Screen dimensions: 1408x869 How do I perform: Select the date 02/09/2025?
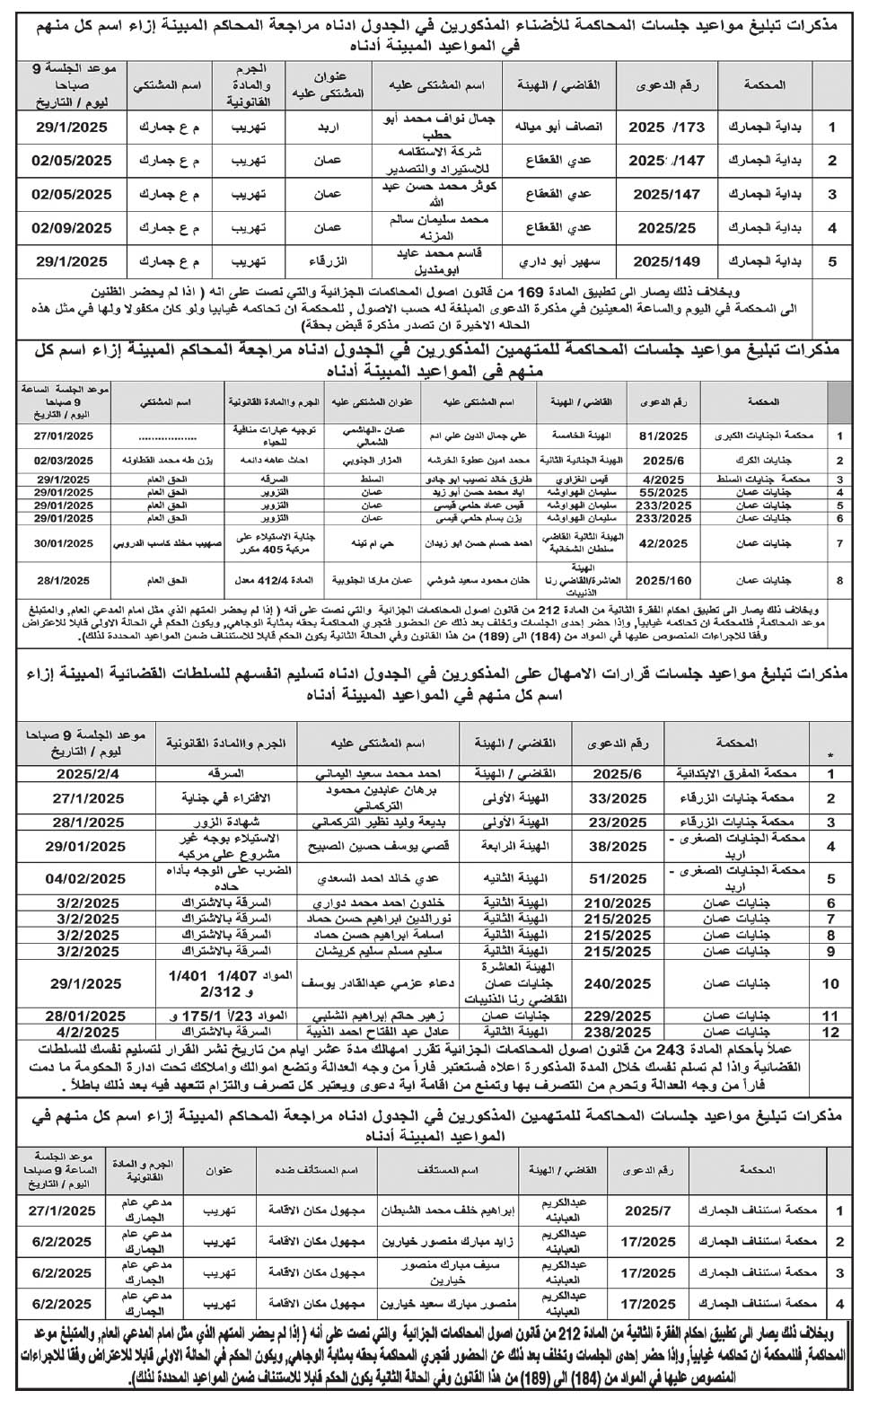[72, 228]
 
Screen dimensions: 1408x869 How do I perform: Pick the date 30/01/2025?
[65, 543]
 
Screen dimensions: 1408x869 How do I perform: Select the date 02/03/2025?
[65, 460]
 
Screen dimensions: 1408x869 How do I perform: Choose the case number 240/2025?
[618, 984]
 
